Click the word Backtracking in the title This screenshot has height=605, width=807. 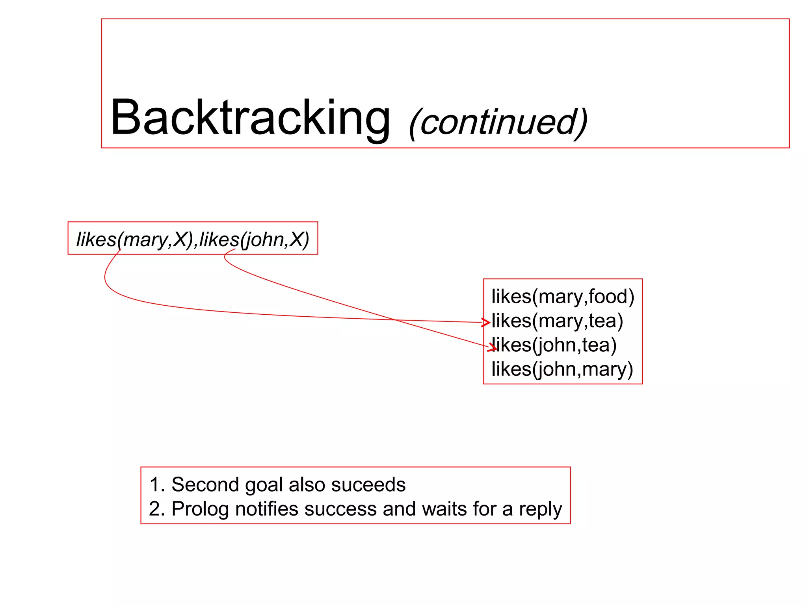click(250, 117)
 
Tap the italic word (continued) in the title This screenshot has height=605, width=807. click(498, 122)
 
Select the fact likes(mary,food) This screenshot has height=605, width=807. click(563, 296)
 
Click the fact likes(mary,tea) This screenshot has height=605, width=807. click(557, 321)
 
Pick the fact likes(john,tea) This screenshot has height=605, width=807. click(554, 345)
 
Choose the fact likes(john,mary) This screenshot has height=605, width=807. click(562, 369)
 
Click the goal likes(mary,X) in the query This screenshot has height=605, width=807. click(134, 239)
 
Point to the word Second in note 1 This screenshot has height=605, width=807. click(205, 484)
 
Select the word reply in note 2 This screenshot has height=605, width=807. click(540, 509)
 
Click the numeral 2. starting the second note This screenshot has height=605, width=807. click(157, 509)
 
